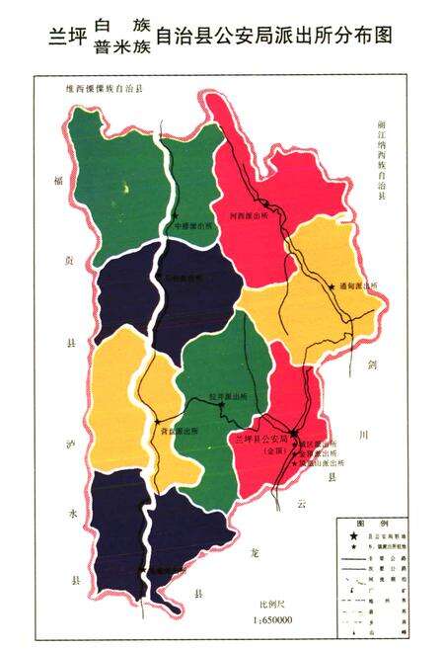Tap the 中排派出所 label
pyautogui.click(x=191, y=225)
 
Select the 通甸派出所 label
pyautogui.click(x=357, y=286)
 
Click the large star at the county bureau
pyautogui.click(x=293, y=433)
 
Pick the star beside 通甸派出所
pyautogui.click(x=331, y=287)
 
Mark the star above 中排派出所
pyautogui.click(x=176, y=215)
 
